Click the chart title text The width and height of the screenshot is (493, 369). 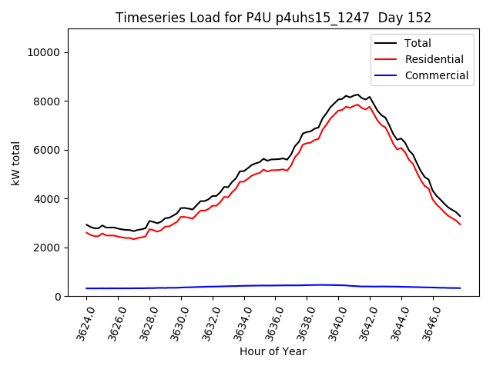(x=273, y=18)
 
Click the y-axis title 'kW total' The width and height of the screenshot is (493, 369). (x=16, y=163)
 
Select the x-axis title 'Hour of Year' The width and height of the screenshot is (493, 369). (x=273, y=351)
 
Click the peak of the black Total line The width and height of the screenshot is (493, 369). (x=357, y=94)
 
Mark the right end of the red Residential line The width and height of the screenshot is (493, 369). (x=460, y=224)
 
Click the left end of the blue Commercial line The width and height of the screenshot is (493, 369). (x=86, y=288)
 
